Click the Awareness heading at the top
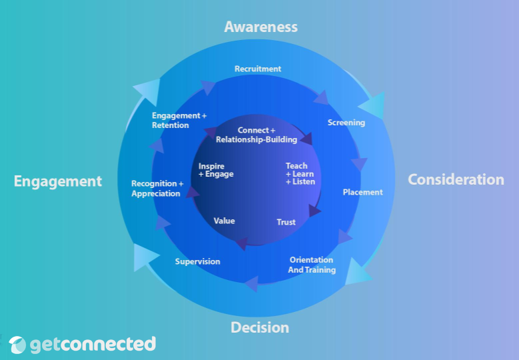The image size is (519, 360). (260, 27)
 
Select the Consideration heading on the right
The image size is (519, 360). (456, 179)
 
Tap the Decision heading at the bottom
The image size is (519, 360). (260, 327)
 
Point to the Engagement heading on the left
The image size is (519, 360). (58, 181)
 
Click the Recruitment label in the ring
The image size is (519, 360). (258, 69)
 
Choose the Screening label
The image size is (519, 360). (346, 123)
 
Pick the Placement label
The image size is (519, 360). (362, 192)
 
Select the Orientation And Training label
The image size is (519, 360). (311, 265)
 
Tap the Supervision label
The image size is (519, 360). (197, 261)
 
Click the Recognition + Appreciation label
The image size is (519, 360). (157, 189)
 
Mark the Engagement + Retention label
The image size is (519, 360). (179, 121)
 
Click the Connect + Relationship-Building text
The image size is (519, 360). (257, 135)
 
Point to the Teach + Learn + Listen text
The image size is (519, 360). (300, 174)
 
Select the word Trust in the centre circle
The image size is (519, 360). (286, 222)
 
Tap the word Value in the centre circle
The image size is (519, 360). (224, 221)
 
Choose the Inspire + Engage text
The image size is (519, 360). (215, 170)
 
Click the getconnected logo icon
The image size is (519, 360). (18, 345)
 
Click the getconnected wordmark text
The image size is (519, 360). (93, 344)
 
